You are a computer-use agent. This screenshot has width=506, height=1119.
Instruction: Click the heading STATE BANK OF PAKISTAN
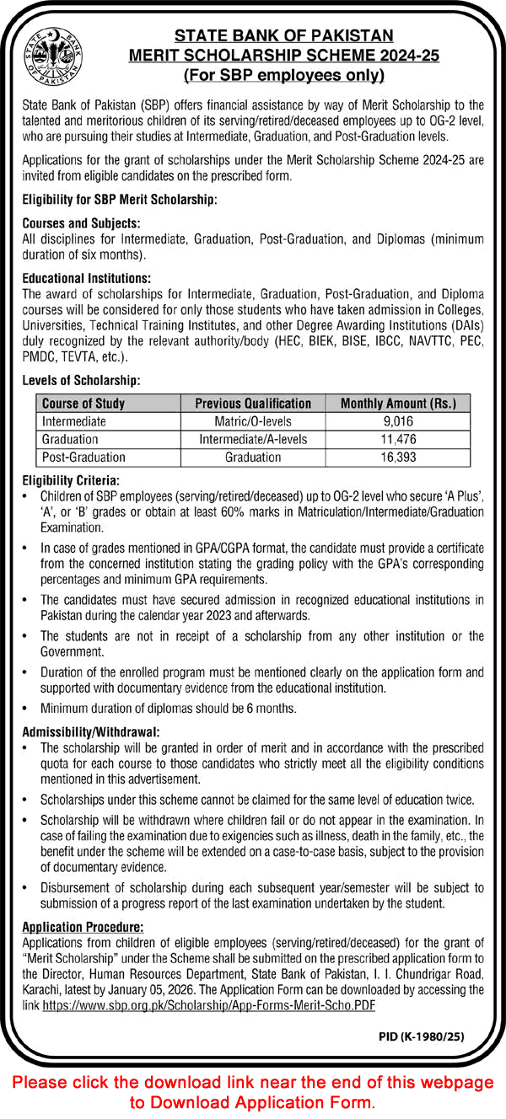point(284,35)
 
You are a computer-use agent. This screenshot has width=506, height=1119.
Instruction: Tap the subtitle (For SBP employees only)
point(284,76)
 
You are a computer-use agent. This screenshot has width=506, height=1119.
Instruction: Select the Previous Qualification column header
point(253,404)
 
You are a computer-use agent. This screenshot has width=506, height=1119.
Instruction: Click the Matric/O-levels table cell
point(253,421)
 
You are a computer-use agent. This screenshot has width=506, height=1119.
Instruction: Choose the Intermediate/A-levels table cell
point(253,439)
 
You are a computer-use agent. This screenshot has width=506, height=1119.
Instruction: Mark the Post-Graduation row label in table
point(83,457)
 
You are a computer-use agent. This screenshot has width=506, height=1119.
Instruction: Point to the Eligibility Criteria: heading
point(65,476)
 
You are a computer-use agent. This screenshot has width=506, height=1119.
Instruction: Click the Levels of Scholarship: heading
point(81,382)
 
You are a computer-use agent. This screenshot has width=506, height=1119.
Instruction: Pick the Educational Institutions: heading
point(87,276)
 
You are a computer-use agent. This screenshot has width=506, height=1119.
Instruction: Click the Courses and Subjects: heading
point(81,224)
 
